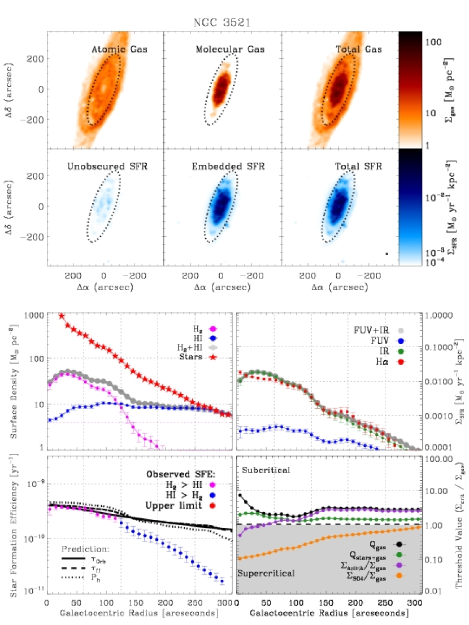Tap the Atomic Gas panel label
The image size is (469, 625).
coord(119,50)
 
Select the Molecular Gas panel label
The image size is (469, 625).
coord(230,50)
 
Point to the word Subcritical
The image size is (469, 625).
coord(266,470)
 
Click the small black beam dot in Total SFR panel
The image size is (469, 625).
coord(387,254)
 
